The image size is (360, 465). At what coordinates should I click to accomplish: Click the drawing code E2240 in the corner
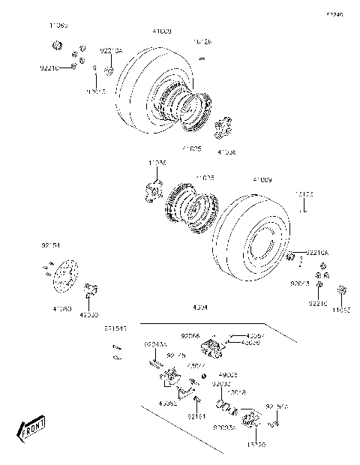coord(334,14)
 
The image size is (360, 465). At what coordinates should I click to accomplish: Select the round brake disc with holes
coord(61,277)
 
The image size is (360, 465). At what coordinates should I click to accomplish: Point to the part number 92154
coord(49,244)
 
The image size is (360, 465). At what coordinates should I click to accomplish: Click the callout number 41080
coord(62,308)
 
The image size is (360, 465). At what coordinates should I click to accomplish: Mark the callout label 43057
coord(256,335)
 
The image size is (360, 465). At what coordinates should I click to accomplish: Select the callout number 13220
coord(256,445)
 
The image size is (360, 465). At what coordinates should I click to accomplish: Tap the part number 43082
coord(168,404)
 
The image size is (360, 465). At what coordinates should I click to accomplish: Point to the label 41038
coord(226,152)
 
